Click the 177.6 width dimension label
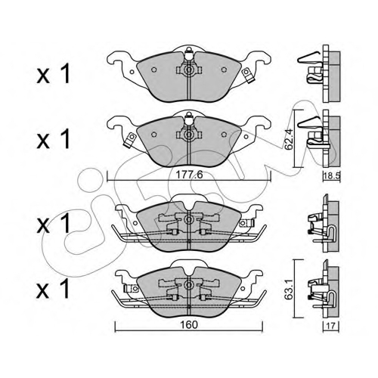click(189, 175)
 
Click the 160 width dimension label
click(189, 325)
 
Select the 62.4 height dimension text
click(289, 139)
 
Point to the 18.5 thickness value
click(332, 176)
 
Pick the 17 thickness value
click(330, 326)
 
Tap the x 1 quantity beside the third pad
click(53, 222)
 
